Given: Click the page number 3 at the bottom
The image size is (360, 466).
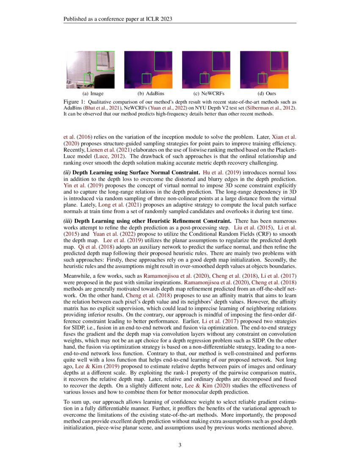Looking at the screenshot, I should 180,445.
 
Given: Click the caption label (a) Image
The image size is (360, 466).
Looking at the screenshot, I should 93,93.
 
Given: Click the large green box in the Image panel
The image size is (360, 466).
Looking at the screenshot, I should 105,61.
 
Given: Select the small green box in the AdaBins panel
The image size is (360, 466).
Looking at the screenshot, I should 146,78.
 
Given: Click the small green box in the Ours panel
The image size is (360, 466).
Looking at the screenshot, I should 263,78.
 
